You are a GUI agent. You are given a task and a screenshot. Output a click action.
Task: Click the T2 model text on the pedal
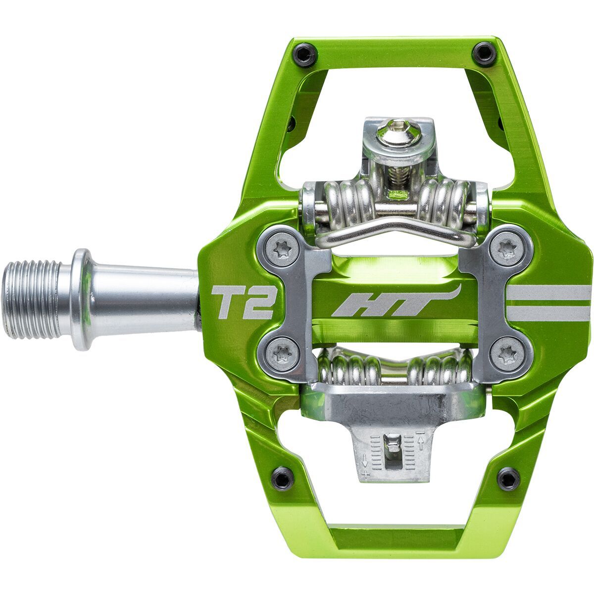(x=243, y=303)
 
